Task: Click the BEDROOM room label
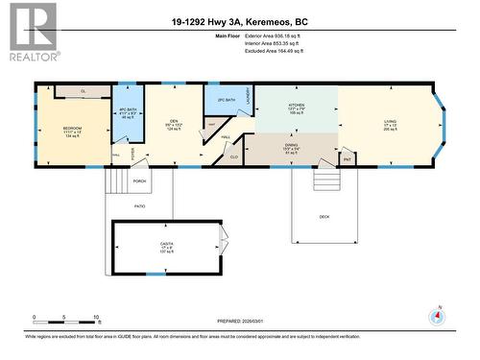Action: tap(72, 128)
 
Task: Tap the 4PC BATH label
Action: tap(127, 109)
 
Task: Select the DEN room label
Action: tap(174, 121)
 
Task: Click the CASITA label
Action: tap(167, 245)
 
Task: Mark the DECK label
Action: tap(325, 216)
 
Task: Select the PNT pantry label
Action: tap(347, 157)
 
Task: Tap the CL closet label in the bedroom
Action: tap(83, 91)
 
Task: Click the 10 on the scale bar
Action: tap(96, 318)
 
